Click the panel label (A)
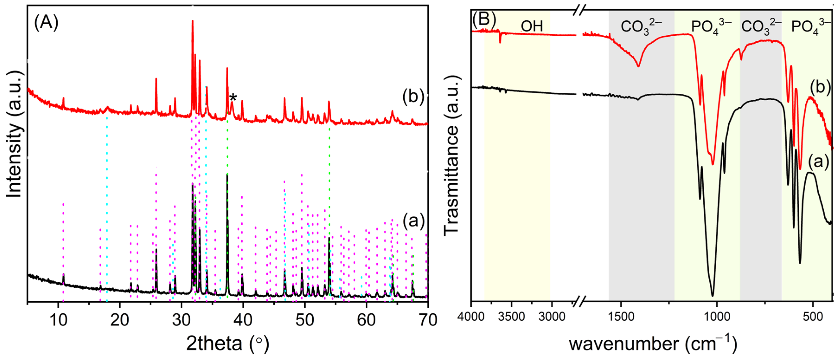pos(46,23)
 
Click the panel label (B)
pos(484,19)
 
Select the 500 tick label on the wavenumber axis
pos(813,317)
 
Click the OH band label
pos(532,26)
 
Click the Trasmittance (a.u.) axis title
pos(451,155)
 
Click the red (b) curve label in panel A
pos(413,97)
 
